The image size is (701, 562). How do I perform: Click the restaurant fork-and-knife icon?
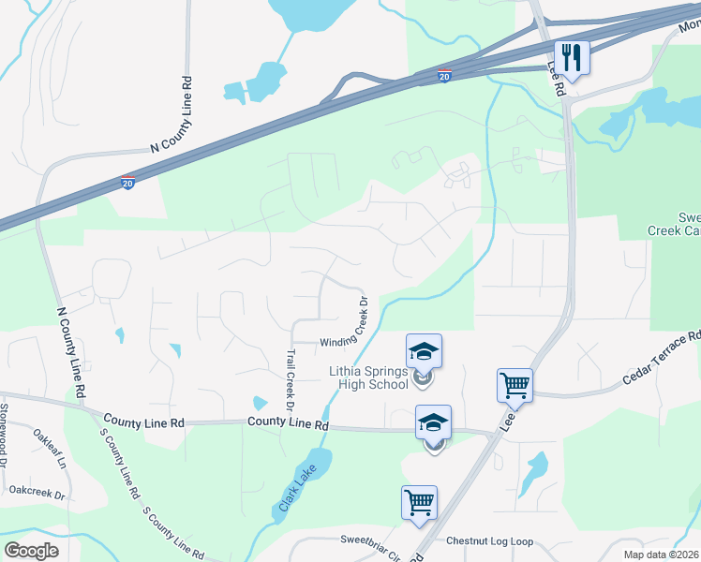point(571,56)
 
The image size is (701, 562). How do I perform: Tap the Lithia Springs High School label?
point(368,377)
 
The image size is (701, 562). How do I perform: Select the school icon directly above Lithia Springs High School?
point(424,352)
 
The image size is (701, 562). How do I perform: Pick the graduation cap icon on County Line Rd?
point(433,422)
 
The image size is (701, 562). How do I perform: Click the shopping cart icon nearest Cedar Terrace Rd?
point(515,384)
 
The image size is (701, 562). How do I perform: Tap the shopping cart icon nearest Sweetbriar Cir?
point(418,502)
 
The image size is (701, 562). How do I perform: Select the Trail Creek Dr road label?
point(290,382)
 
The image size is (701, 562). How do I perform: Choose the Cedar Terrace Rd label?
point(663,360)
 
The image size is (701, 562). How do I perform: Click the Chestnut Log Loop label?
point(489,541)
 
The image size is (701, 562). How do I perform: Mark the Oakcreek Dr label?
point(37,491)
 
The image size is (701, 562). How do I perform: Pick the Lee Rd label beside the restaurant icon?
point(559,85)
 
